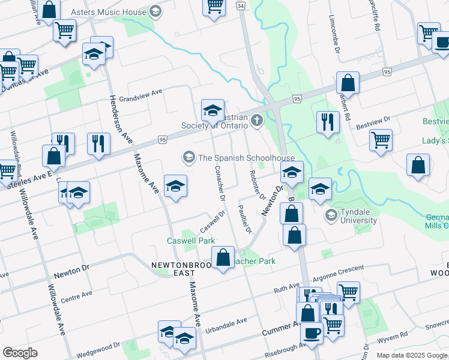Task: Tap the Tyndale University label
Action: tap(358, 215)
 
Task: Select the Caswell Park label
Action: tap(190, 241)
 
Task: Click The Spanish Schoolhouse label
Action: tap(246, 158)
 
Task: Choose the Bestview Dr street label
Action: tap(373, 127)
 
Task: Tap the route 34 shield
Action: tap(241, 5)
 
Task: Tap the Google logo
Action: tap(20, 353)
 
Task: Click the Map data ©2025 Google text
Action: tap(412, 355)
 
